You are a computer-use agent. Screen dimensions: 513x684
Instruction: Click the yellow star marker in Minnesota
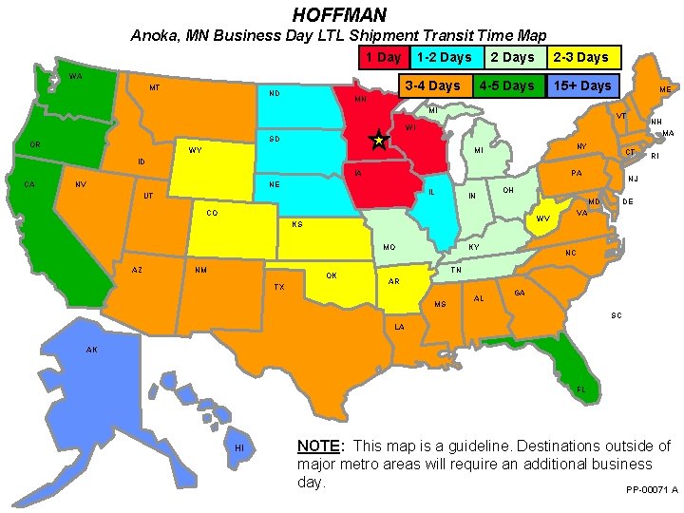point(378,140)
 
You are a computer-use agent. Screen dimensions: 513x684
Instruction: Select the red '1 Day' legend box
point(384,57)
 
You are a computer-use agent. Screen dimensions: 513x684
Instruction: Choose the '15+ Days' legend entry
point(582,85)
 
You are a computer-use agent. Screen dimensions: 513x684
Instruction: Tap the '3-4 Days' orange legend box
point(431,85)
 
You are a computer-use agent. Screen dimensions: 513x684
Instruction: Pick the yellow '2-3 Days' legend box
point(580,57)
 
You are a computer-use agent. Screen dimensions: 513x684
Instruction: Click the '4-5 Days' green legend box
point(506,85)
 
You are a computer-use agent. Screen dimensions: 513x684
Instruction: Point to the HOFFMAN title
point(339,14)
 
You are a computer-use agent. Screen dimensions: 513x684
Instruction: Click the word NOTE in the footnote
point(318,446)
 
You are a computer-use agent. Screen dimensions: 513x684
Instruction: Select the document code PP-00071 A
point(652,489)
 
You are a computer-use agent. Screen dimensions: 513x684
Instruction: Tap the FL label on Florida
point(581,389)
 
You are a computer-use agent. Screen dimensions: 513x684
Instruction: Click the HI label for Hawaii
point(239,447)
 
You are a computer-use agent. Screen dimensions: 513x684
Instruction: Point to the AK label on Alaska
point(91,350)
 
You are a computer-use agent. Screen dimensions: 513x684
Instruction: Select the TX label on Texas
point(278,287)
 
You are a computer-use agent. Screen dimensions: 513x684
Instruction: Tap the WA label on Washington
point(73,76)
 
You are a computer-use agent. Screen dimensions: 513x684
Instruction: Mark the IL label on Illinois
point(431,192)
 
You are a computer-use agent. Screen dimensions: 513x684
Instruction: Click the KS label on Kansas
point(297,225)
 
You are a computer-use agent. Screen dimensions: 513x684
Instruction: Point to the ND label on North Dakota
point(274,94)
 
